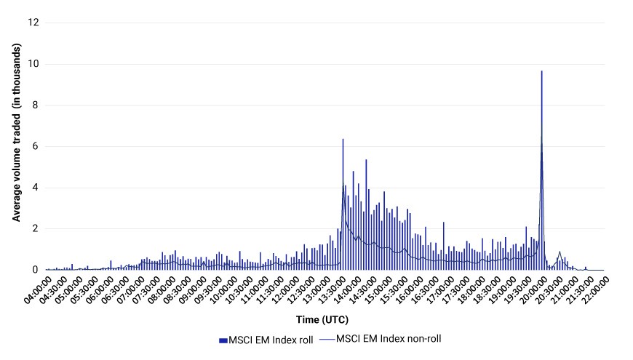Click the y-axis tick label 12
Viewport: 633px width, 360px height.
33,23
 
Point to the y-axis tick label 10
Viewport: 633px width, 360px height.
33,64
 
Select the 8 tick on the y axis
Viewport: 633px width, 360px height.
36,105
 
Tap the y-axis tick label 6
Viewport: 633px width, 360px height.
36,146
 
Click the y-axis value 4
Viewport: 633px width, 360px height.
36,187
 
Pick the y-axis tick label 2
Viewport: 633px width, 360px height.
36,228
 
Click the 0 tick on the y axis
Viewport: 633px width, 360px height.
36,270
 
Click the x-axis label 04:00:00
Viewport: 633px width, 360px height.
38,290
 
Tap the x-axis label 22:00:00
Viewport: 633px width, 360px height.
595,290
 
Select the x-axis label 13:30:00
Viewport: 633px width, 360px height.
332,290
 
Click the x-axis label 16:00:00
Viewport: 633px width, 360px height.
410,290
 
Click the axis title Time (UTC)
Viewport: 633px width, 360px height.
322,320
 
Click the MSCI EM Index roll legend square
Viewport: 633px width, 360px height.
223,340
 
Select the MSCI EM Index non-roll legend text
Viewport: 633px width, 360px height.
389,339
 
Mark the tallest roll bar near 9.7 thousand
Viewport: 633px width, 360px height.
542,170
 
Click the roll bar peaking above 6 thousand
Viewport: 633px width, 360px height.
343,204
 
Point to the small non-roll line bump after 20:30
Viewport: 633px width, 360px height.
560,252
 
